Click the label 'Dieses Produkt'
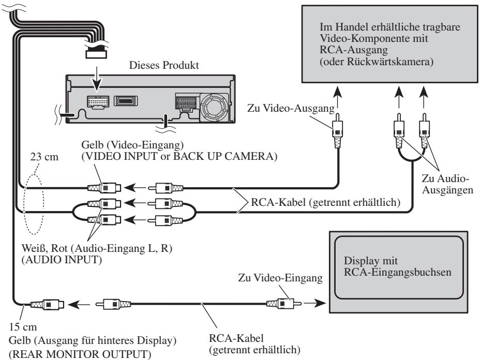pos(164,65)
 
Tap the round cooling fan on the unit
pos(214,107)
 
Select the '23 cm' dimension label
pos(44,157)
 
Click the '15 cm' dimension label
pos(23,326)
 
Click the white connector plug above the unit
pos(96,54)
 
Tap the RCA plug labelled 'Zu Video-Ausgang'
pos(337,131)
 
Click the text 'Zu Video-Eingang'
pos(280,278)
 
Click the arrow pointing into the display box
pos(314,304)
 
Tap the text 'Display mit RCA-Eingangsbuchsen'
pos(397,266)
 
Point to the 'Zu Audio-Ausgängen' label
pos(447,184)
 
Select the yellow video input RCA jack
pos(104,188)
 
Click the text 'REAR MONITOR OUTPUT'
pos(80,354)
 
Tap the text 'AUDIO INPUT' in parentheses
pos(62,260)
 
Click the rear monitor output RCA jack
pos(47,305)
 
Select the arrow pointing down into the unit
pos(97,79)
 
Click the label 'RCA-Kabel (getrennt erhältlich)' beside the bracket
pos(325,202)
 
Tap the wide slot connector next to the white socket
pos(126,101)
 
